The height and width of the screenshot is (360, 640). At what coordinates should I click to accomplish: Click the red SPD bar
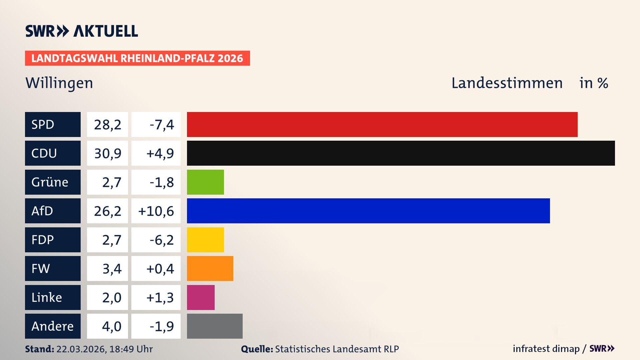coord(382,124)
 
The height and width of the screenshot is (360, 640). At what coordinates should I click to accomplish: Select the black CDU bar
coord(401,153)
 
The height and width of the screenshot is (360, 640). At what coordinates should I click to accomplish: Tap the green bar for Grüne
coord(205,182)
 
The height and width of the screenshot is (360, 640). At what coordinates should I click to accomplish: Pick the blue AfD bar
coord(368,211)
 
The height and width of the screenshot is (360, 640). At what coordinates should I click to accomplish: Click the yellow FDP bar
coord(205,240)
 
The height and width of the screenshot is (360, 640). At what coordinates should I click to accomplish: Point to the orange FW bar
coord(210,268)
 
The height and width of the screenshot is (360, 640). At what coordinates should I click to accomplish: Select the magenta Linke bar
coord(201,297)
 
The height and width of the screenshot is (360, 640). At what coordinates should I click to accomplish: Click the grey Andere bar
coord(215,326)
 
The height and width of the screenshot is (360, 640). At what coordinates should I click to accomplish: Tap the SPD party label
coord(53,124)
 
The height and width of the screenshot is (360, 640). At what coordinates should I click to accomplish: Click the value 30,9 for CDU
coord(107,153)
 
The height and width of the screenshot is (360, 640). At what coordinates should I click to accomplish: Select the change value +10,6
coord(156,211)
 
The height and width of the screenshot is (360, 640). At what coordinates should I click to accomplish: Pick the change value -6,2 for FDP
coord(162,240)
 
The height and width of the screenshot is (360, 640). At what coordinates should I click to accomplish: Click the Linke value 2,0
coord(112,297)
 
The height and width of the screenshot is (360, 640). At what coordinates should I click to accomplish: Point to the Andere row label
coord(53,326)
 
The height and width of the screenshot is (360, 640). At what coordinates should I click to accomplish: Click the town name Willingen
coord(59,83)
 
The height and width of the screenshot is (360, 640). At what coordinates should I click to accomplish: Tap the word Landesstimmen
coord(507,83)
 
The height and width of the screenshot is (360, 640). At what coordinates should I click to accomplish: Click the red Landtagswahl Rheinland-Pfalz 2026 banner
coord(137,58)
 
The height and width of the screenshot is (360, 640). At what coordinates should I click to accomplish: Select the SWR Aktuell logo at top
coord(82,31)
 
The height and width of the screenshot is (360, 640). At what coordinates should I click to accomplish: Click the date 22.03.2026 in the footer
coord(81,349)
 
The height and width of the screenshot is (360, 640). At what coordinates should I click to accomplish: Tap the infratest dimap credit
coord(546,349)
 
